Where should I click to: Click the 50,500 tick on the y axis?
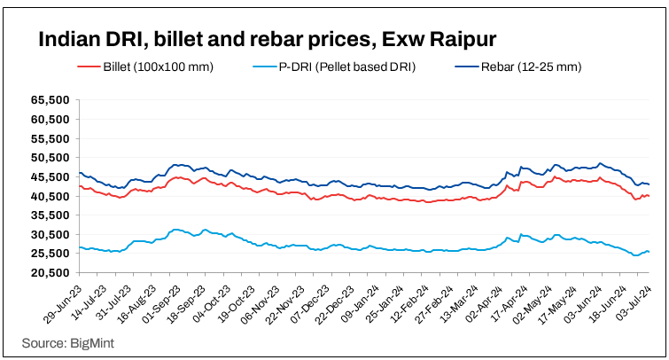pyautogui.click(x=51, y=158)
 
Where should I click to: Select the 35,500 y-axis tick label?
pyautogui.click(x=51, y=215)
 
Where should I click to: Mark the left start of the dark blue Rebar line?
pyautogui.click(x=80, y=173)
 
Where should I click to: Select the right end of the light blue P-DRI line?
pyautogui.click(x=650, y=253)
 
